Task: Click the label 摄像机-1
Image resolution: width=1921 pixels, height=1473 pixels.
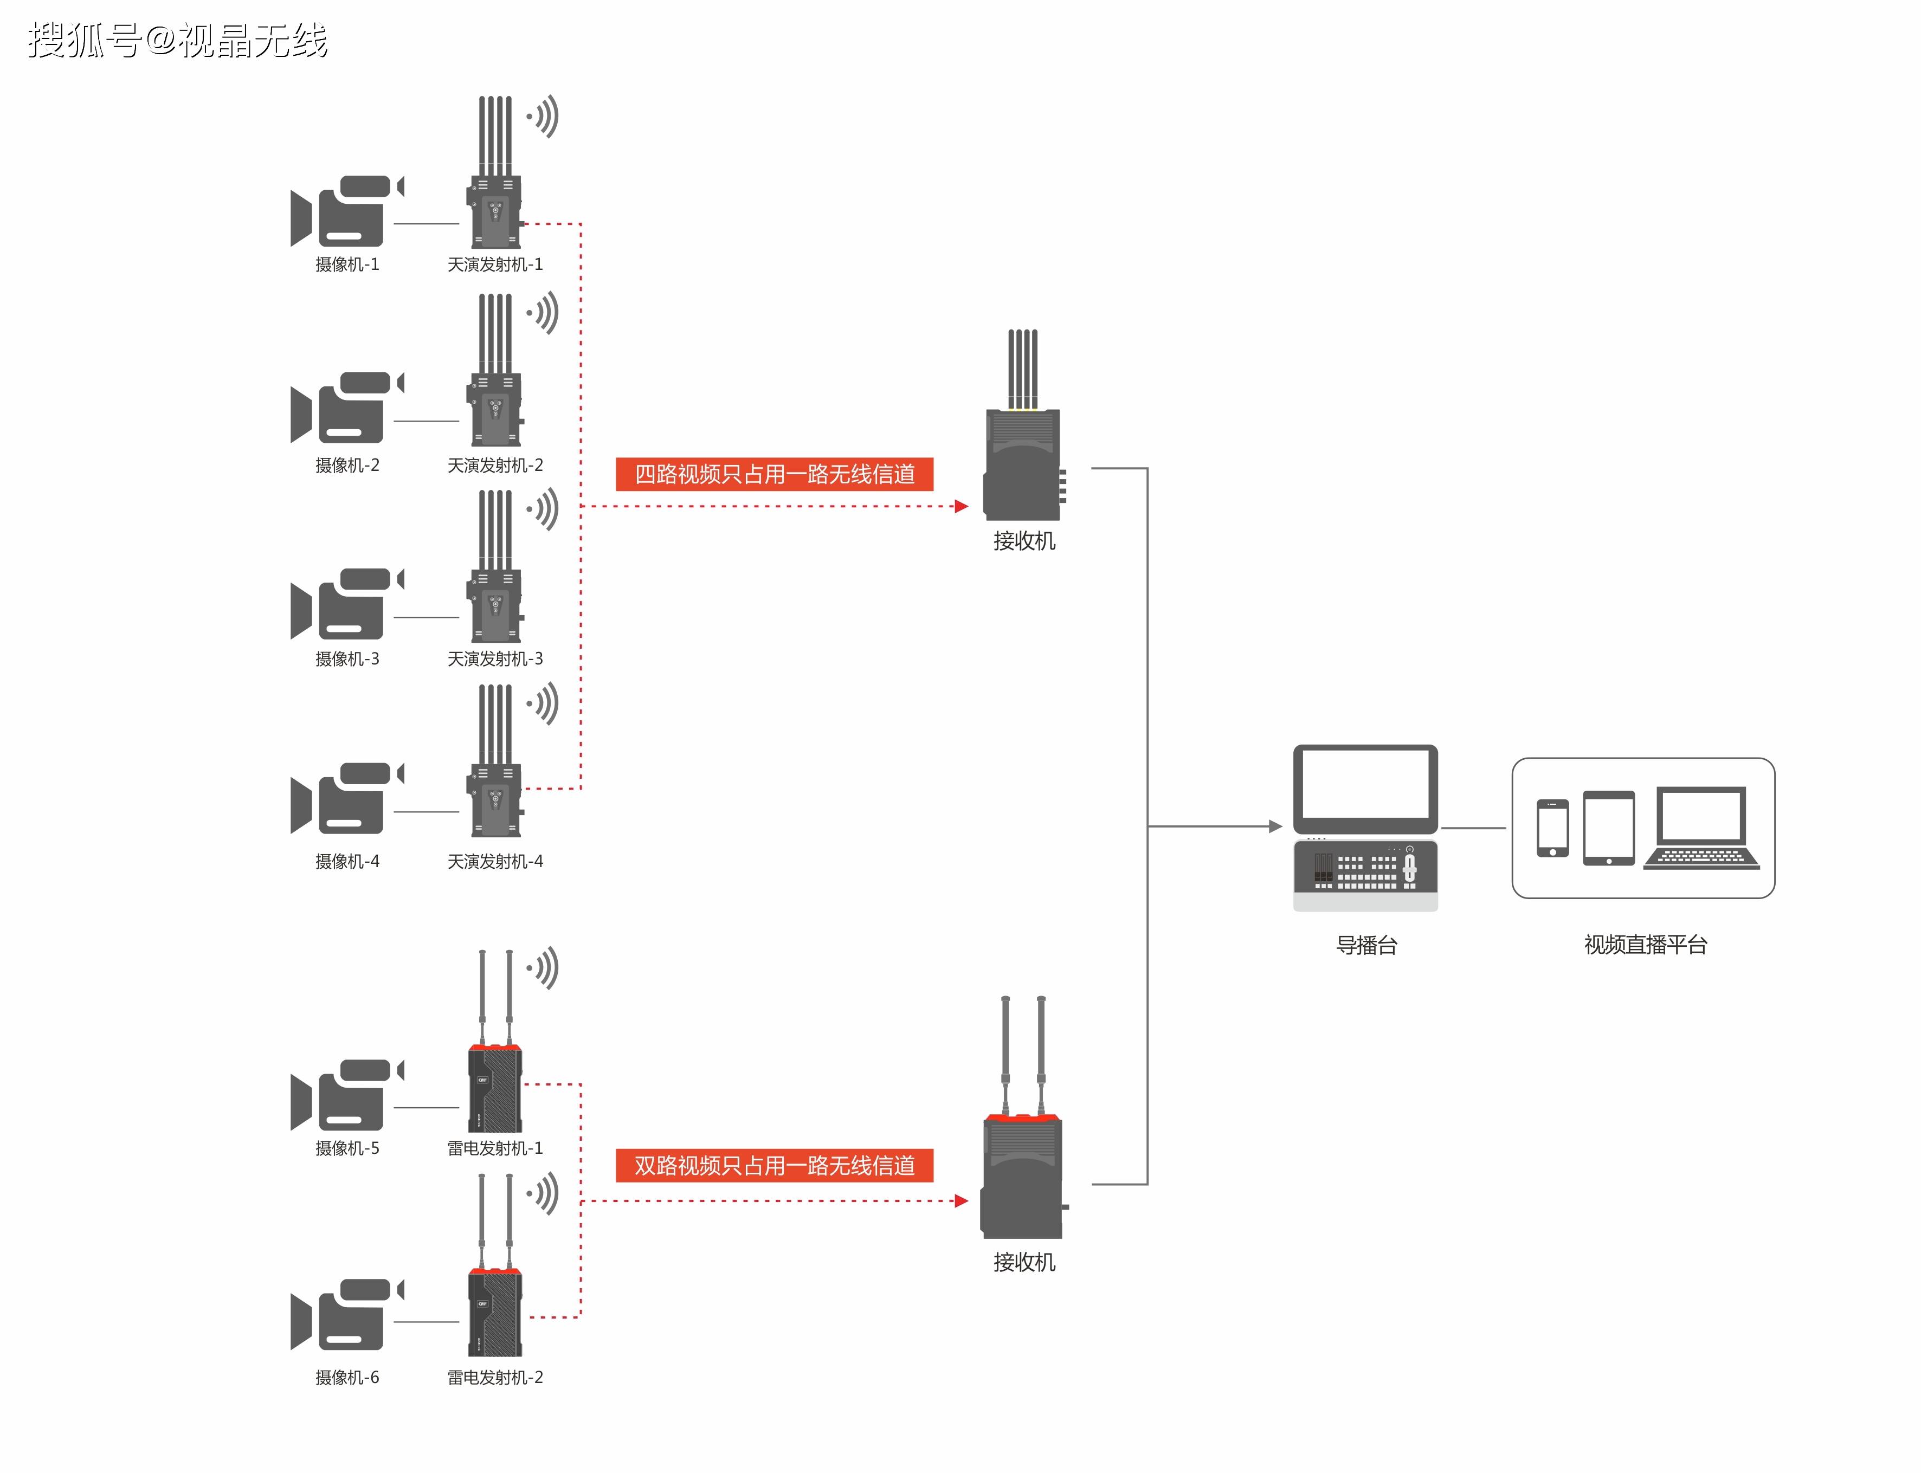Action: coord(347,264)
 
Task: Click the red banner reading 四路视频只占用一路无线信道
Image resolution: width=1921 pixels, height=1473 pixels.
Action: coord(773,474)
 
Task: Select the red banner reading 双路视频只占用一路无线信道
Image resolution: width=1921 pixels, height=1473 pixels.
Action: coord(773,1165)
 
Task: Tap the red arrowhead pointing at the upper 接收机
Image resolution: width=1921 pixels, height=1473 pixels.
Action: coord(961,506)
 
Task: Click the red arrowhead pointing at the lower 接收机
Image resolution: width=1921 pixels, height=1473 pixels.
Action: coord(961,1200)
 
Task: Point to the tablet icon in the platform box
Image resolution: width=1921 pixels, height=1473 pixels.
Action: coord(1608,827)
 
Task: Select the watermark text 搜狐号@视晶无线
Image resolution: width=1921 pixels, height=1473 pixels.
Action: coord(177,40)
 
